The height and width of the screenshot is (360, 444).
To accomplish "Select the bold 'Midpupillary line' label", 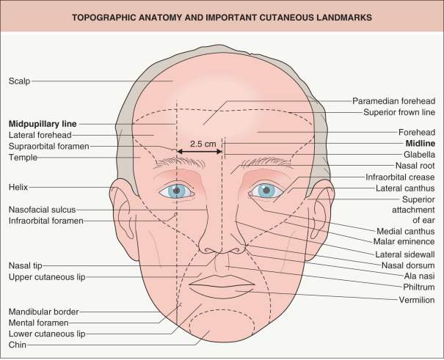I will pyautogui.click(x=43, y=123).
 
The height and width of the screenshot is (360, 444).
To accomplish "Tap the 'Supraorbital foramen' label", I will pyautogui.click(x=48, y=146).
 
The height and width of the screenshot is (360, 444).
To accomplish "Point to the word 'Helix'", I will pyautogui.click(x=18, y=186).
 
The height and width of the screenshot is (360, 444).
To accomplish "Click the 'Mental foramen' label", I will pyautogui.click(x=38, y=322).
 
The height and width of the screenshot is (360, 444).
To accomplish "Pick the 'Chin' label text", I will pyautogui.click(x=18, y=344).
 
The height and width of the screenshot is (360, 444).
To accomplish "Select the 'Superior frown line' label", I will pyautogui.click(x=399, y=112).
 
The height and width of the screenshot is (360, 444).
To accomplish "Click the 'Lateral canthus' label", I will pyautogui.click(x=407, y=188).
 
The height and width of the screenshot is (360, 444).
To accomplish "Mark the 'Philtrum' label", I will pyautogui.click(x=418, y=288).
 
